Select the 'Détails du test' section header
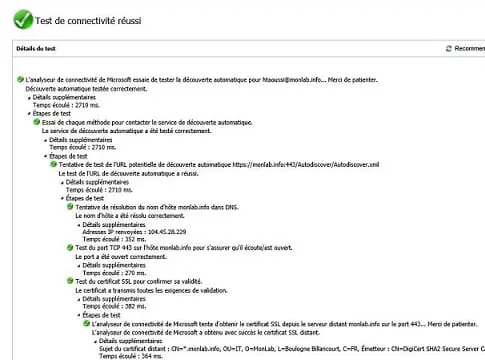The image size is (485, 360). click(38, 47)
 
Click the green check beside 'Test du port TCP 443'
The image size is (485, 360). click(70, 248)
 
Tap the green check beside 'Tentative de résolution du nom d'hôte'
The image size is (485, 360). click(70, 207)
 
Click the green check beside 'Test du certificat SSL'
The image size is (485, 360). click(70, 281)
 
